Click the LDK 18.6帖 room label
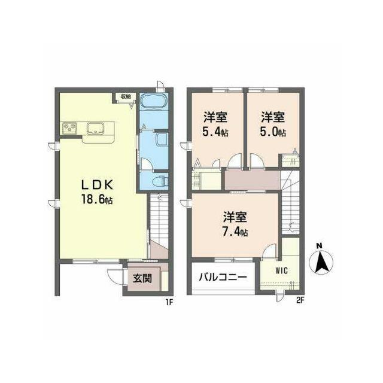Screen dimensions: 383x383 [x=97, y=193]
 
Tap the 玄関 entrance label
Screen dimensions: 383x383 [x=142, y=278]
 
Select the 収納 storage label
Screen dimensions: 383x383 [x=126, y=96]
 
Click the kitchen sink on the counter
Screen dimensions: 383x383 [x=95, y=128]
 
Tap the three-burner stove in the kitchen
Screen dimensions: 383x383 [x=69, y=128]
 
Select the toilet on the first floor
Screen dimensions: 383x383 [x=160, y=181]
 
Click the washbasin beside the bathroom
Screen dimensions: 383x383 [x=161, y=139]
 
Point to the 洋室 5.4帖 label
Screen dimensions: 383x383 [x=215, y=124]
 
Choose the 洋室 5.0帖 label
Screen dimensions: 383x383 [x=273, y=124]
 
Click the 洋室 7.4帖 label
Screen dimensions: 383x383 [x=235, y=224]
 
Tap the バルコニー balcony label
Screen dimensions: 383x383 [x=223, y=278]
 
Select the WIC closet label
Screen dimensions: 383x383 [x=282, y=270]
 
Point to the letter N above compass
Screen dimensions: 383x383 [x=319, y=246]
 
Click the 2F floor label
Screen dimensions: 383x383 [x=300, y=300]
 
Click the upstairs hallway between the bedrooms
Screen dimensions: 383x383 [x=252, y=180]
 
